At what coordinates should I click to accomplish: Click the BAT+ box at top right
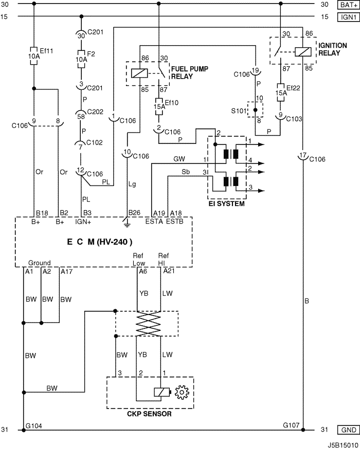click(x=348, y=5)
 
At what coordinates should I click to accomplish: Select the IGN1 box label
click(x=348, y=17)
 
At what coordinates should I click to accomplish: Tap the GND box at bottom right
click(x=348, y=430)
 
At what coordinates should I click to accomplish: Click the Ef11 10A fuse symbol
click(x=34, y=56)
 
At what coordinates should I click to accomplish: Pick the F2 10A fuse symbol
click(x=81, y=59)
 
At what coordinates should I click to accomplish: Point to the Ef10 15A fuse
click(x=159, y=106)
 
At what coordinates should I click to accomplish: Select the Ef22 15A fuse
click(x=281, y=92)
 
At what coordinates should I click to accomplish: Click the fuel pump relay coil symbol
click(x=139, y=73)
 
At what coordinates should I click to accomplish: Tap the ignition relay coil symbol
click(x=303, y=52)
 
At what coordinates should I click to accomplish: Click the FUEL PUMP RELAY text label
click(x=190, y=73)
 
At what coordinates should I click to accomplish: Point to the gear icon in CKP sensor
click(x=182, y=392)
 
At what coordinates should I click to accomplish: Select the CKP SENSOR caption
click(x=149, y=414)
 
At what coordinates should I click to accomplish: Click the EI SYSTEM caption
click(x=227, y=203)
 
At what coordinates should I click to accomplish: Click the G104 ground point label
click(x=34, y=426)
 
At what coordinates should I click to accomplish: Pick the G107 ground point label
click(x=291, y=425)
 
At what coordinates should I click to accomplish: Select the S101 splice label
click(x=239, y=110)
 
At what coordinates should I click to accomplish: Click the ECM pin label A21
click(x=169, y=271)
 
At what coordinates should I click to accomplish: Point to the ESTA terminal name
click(x=154, y=221)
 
